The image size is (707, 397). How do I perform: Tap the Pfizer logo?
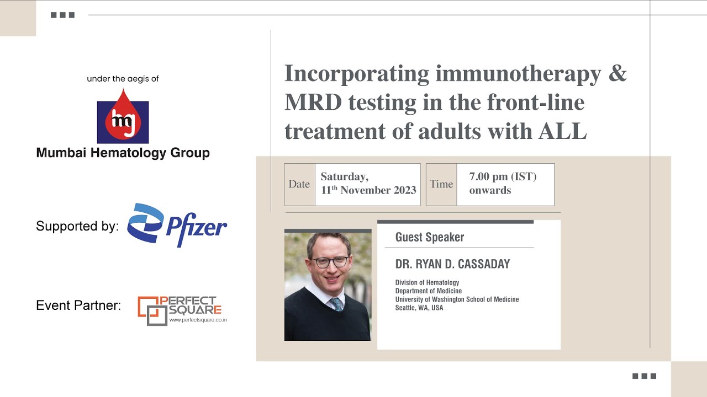point(177,225)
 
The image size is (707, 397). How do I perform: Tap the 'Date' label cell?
point(299,184)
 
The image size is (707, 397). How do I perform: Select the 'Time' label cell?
point(441,184)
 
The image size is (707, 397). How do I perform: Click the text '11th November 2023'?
point(368,191)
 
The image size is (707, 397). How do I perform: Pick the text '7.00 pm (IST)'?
point(503,177)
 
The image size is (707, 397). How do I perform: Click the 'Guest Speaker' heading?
point(429,238)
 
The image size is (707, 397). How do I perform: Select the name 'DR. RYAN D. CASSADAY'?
point(452,264)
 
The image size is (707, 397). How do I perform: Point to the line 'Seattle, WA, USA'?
point(419,308)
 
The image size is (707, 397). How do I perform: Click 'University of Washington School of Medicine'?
point(457,299)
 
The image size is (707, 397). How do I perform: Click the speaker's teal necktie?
point(336,304)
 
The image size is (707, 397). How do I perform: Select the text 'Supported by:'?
point(77,226)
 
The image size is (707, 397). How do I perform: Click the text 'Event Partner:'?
point(78,305)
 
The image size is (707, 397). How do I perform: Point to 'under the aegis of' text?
point(123,79)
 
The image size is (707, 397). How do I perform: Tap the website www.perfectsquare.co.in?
point(198,320)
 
